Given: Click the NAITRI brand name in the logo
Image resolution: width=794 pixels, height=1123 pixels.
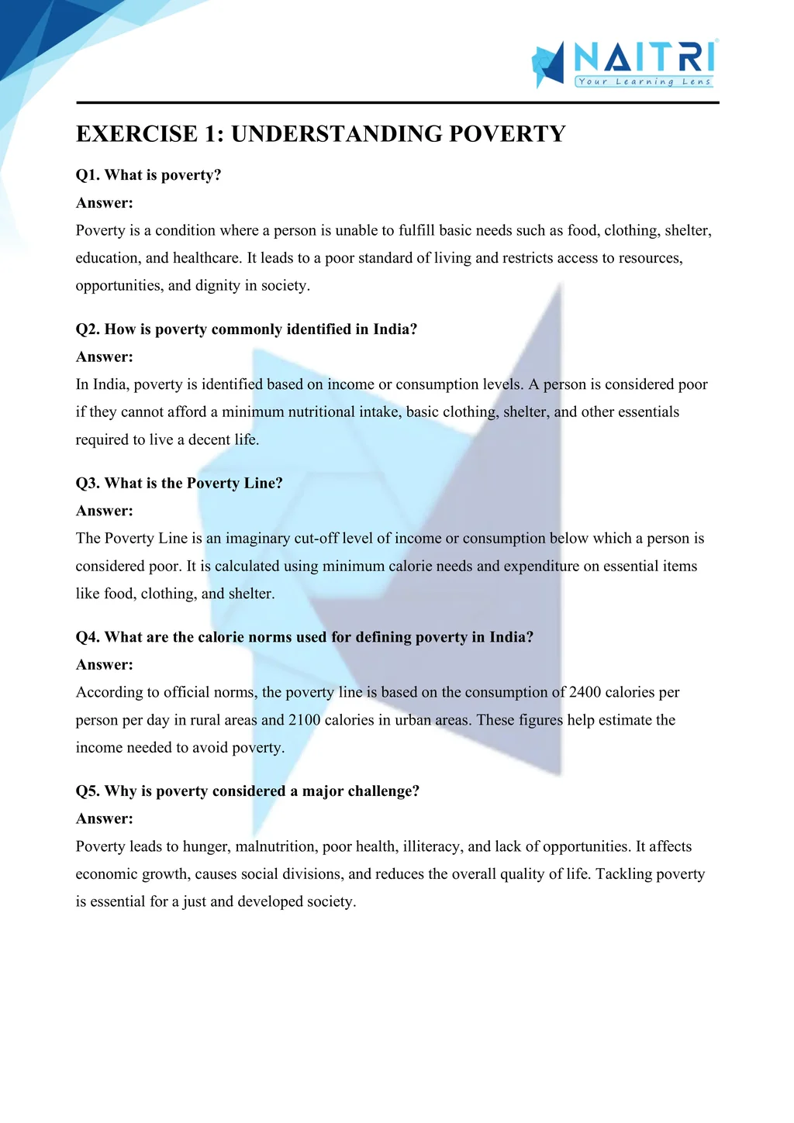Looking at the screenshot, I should point(644,57).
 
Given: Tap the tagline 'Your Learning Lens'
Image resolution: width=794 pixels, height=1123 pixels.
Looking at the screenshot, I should point(644,81).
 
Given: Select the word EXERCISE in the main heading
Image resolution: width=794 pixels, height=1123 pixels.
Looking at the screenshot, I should point(136,134).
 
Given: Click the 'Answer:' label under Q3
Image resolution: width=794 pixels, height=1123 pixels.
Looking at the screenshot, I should point(105,511).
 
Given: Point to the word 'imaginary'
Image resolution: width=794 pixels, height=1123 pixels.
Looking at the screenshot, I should point(258,539).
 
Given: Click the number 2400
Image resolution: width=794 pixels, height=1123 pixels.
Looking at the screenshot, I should point(585,692).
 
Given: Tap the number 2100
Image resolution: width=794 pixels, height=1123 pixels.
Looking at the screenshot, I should point(305,720).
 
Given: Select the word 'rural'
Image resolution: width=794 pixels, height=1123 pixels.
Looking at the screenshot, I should point(205,720).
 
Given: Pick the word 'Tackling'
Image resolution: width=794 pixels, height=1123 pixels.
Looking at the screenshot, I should point(623,874).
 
